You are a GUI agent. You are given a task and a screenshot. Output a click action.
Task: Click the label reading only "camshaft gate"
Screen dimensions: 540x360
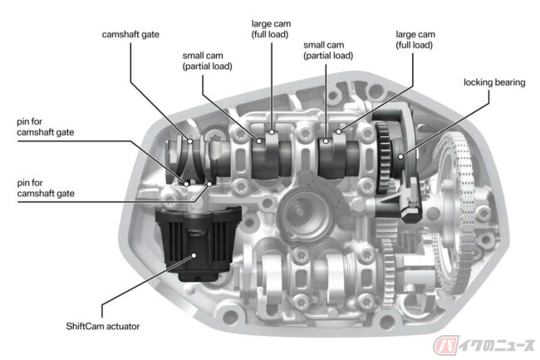[130, 35]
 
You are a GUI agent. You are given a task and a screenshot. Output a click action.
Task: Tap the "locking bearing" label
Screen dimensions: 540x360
[494, 82]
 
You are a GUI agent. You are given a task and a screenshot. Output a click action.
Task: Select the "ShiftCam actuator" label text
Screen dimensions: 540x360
[103, 326]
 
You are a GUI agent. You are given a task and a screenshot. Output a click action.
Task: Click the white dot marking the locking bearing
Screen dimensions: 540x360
[400, 157]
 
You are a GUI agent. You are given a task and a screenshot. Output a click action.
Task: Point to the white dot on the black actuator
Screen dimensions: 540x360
[194, 255]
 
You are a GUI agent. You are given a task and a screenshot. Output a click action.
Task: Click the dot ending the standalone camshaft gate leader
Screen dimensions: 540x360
[189, 141]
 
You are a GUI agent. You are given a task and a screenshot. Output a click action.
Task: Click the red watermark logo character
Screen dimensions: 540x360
[445, 345]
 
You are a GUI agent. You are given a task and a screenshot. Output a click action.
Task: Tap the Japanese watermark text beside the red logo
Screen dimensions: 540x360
[496, 346]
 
